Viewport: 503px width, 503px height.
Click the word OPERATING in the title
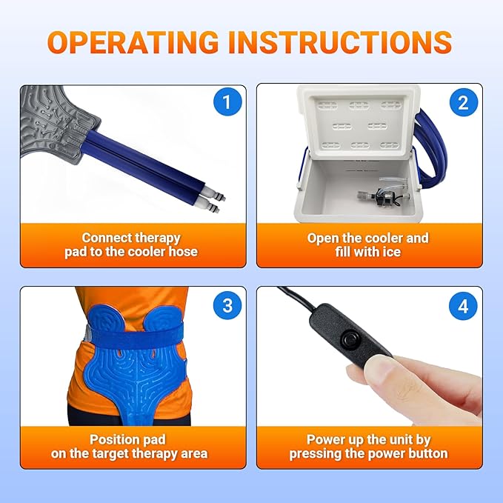(133, 42)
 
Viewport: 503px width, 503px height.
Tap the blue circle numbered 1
(227, 102)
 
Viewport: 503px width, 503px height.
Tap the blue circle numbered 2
(464, 103)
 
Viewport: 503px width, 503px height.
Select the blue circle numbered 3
(227, 305)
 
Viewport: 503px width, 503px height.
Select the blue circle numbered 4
(463, 306)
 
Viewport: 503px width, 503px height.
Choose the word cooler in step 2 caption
(383, 239)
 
